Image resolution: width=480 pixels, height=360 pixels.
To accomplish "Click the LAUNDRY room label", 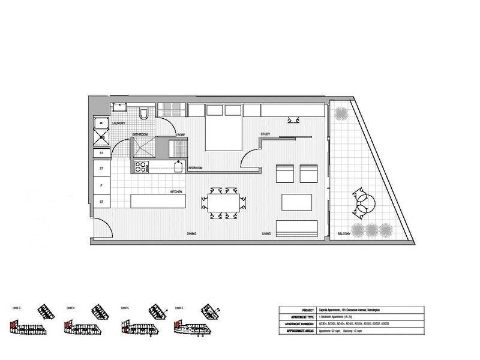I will point(119,123).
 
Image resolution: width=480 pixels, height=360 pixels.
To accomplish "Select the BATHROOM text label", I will point(140,134).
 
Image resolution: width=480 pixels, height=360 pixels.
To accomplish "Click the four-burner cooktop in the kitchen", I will point(142,167).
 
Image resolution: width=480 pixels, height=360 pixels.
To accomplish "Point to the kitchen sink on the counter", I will point(178,167).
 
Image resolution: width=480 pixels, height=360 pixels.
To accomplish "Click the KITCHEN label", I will point(176,191).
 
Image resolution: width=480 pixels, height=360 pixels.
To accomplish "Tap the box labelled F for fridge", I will point(101,186).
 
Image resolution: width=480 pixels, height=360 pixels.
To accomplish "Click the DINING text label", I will point(191,233).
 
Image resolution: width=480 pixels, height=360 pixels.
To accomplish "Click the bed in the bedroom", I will point(224,127).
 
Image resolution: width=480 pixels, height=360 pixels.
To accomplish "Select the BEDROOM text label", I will point(195,169).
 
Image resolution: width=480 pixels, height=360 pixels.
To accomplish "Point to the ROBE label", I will point(181,135).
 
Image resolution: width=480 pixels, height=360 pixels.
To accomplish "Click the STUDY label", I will point(265,134).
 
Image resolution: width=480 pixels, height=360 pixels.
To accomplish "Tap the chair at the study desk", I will point(295,120).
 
